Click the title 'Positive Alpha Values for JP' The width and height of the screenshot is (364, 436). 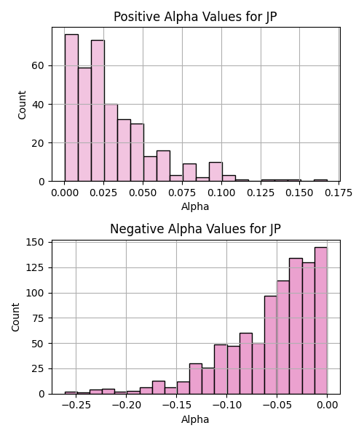[x=195, y=17]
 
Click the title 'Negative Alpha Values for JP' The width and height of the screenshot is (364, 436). [x=195, y=229]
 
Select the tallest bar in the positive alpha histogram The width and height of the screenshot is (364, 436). [x=71, y=108]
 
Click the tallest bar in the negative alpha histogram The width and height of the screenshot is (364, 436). [x=321, y=320]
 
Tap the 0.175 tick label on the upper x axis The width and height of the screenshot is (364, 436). [x=339, y=193]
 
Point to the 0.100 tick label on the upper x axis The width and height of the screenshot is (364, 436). [x=222, y=193]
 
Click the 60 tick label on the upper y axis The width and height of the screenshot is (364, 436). [x=38, y=66]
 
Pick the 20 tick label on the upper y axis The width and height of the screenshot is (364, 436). [x=38, y=143]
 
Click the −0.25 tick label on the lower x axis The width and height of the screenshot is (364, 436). [x=76, y=405]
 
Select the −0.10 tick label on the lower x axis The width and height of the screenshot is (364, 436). [x=226, y=405]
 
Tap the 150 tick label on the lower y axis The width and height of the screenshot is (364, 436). [x=35, y=242]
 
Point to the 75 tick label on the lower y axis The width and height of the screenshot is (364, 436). [x=38, y=318]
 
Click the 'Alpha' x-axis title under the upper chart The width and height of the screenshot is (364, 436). [x=195, y=206]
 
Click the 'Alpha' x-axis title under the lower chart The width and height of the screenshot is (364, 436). [x=195, y=419]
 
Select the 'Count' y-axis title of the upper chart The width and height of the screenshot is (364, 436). [x=22, y=105]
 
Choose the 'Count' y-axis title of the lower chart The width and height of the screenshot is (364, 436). [x=15, y=318]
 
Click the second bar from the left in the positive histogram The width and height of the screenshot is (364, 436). [x=84, y=124]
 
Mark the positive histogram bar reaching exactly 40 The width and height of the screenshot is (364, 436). [x=111, y=143]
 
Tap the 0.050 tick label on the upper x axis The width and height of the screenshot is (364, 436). [x=143, y=193]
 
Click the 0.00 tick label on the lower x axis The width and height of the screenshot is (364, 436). [x=328, y=405]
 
